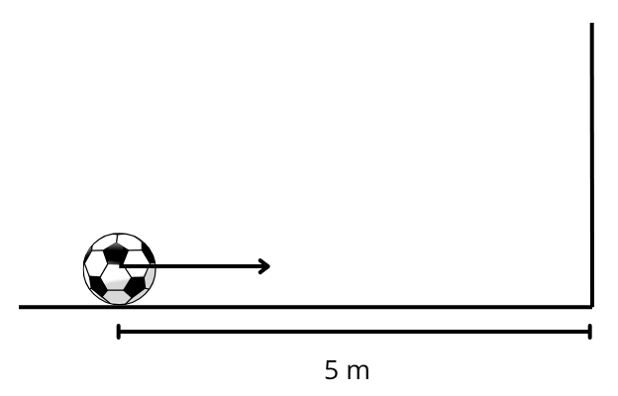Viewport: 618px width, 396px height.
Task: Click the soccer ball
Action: (x=120, y=268)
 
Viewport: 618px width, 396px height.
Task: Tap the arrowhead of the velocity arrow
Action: (x=264, y=266)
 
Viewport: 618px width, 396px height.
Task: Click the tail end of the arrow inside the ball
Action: (x=120, y=266)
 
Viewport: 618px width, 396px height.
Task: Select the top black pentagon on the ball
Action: (x=116, y=253)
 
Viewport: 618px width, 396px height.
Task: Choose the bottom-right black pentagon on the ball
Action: (x=136, y=287)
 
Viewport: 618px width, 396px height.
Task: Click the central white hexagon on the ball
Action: (x=115, y=277)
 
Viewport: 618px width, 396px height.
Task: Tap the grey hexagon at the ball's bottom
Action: (x=117, y=297)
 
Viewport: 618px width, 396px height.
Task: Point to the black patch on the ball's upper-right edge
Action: (x=149, y=252)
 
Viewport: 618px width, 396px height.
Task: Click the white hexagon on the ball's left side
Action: (x=94, y=263)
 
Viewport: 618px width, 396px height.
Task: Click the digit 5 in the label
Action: (x=332, y=370)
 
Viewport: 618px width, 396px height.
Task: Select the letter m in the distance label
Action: (x=359, y=372)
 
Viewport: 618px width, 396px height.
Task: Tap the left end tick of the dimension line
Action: (x=119, y=332)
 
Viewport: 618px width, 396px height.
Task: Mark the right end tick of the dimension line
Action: (x=589, y=332)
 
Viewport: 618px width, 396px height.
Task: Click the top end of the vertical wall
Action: (x=591, y=24)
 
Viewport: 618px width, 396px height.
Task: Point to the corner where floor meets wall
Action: (x=591, y=307)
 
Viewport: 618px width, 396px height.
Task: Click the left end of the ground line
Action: (x=20, y=307)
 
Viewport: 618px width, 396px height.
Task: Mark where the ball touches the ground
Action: (x=119, y=305)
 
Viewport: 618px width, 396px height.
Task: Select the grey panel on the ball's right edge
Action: (x=151, y=277)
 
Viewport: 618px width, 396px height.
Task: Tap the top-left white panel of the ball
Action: (x=103, y=243)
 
